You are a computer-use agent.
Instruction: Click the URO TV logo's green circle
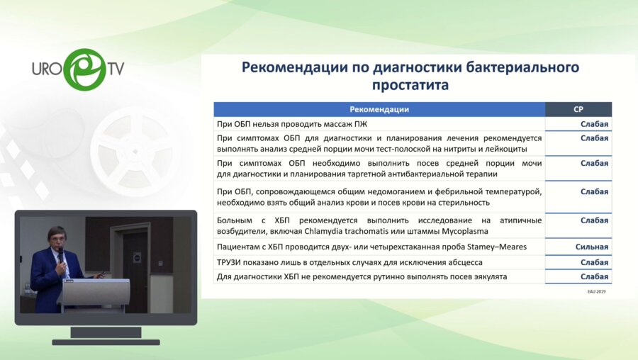coord(84,69)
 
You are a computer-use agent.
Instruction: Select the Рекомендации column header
coord(379,109)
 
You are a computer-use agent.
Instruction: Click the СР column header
coord(578,109)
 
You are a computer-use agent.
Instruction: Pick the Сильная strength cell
coord(591,247)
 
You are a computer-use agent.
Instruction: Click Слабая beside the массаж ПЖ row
coord(594,124)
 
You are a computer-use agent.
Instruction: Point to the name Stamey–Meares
coord(497,247)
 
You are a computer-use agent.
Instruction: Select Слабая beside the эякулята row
coord(594,276)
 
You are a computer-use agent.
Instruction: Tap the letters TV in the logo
coord(115,69)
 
